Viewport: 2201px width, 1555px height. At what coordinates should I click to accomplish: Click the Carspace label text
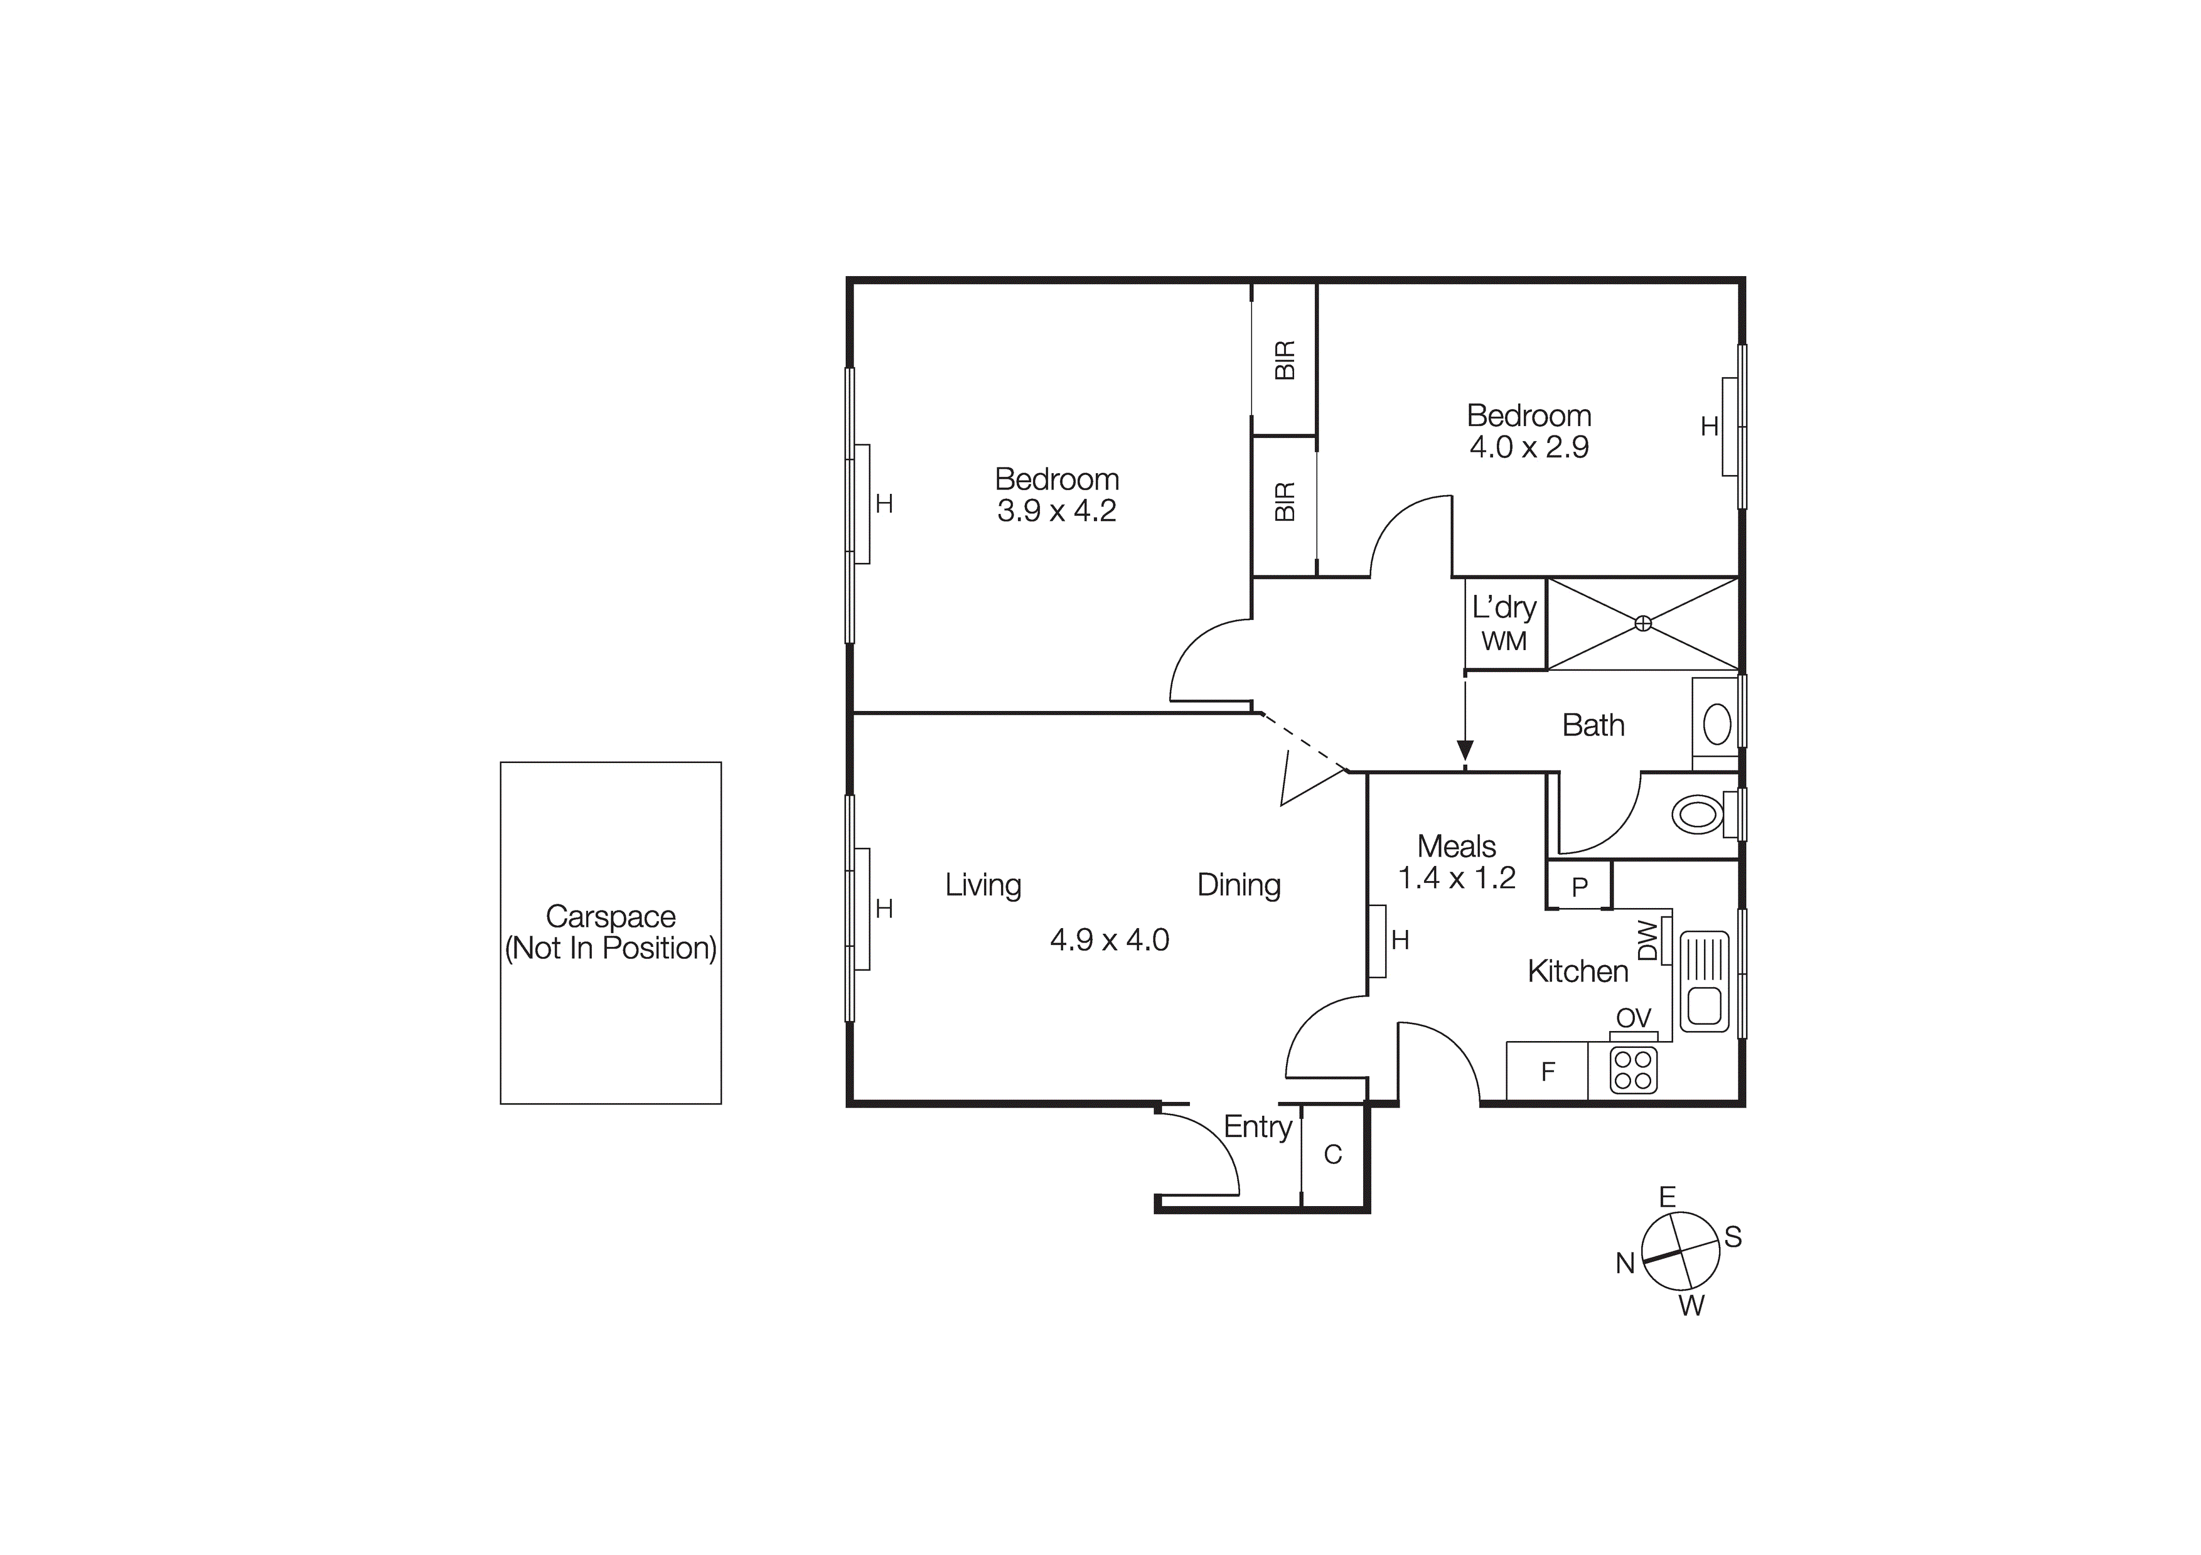(x=611, y=917)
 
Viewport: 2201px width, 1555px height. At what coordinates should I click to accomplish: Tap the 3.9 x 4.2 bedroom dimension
(x=1056, y=511)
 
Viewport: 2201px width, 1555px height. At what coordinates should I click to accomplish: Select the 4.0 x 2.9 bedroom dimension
(x=1529, y=447)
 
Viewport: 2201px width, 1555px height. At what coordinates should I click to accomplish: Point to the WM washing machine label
(x=1504, y=641)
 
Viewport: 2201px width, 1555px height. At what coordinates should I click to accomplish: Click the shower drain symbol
(x=1643, y=623)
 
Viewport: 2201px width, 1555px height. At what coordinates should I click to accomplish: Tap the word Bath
(x=1593, y=726)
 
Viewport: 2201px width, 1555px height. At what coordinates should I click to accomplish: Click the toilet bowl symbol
(x=1697, y=815)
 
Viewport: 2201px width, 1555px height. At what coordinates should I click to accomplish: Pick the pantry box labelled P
(x=1580, y=887)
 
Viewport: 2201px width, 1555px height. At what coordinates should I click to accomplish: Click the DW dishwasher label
(x=1647, y=941)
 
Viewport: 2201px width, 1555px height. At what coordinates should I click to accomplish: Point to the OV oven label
(x=1634, y=1018)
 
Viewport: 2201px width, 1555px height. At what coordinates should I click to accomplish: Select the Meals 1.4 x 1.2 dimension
(x=1456, y=878)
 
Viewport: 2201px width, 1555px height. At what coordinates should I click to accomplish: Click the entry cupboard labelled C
(x=1332, y=1154)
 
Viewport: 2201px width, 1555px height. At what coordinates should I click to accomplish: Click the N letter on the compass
(x=1625, y=1264)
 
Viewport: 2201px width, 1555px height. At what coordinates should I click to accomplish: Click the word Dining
(x=1238, y=885)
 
